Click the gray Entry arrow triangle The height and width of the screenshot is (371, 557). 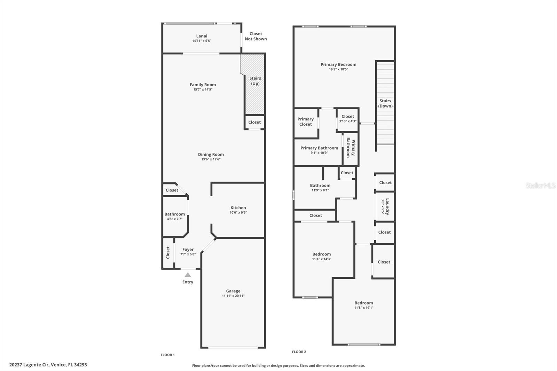click(188, 275)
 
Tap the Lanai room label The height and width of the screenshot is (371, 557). click(202, 36)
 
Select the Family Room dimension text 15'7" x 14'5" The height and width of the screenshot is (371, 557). click(203, 89)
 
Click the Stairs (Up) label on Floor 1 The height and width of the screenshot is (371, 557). click(255, 81)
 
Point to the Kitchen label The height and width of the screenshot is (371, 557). click(238, 208)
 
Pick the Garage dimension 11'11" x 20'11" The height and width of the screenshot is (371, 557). click(233, 296)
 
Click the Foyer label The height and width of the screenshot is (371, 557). click(188, 250)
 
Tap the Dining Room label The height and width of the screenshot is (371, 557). click(211, 155)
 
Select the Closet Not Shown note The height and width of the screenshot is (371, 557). click(256, 36)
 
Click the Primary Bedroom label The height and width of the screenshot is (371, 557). click(338, 64)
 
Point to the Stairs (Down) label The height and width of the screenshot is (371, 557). click(385, 103)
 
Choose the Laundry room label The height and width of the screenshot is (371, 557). click(387, 206)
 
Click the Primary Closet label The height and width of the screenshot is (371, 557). click(306, 121)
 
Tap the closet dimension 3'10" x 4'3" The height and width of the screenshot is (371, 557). click(348, 121)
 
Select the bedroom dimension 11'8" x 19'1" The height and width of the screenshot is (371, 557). click(364, 308)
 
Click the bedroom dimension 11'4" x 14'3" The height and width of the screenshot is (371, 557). click(322, 259)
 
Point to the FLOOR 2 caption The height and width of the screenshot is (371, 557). click(299, 352)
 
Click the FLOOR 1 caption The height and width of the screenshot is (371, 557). click(168, 355)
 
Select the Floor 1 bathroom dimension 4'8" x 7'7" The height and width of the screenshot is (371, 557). click(174, 219)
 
